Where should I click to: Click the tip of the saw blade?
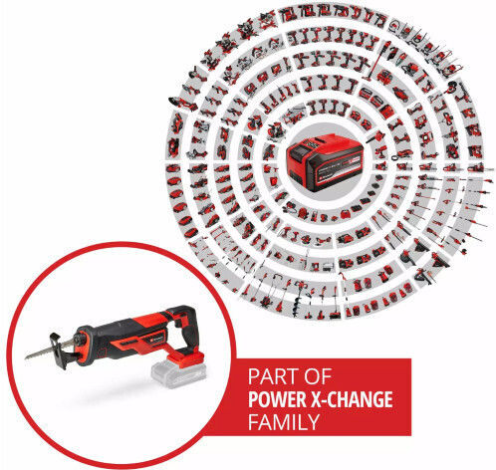coord(26,358)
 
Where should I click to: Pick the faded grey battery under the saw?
coord(178,375)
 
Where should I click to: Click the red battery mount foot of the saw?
coord(186,357)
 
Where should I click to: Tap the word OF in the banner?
coord(319,376)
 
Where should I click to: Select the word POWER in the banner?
coord(278,399)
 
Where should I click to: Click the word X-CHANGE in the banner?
coord(352,399)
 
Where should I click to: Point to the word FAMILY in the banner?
coord(284,421)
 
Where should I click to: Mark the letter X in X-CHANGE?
coord(317,399)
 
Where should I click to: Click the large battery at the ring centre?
coord(324,162)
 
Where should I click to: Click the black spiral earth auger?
coord(296,304)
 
